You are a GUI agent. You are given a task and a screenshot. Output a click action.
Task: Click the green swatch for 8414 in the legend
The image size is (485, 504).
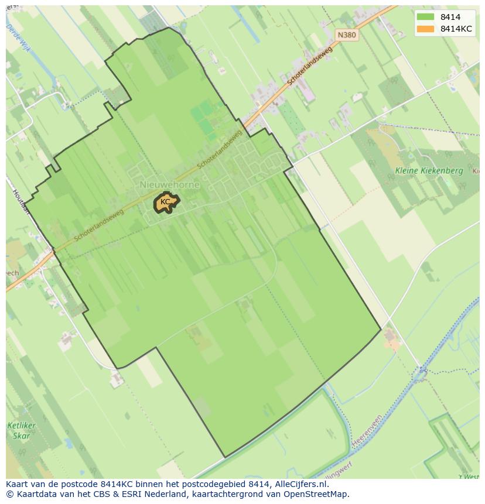point(426,17)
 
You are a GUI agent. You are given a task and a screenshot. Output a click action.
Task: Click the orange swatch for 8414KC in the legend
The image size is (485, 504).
point(426,29)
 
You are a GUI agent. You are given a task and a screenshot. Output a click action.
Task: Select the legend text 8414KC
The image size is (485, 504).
point(457,29)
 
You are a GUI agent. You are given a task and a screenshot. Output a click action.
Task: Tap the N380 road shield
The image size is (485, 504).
point(347,35)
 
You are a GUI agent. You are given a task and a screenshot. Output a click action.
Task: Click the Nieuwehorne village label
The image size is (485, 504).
point(170,184)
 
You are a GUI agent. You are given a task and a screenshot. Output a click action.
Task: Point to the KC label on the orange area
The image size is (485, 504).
point(165,202)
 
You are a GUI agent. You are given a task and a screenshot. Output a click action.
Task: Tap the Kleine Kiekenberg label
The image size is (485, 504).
point(429,171)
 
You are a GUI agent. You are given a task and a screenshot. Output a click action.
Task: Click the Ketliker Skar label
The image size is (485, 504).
point(22,430)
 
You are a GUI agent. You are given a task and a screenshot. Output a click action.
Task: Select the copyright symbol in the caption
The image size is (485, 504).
point(10,494)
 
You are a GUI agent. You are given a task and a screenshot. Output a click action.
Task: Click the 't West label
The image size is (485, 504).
point(468,476)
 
